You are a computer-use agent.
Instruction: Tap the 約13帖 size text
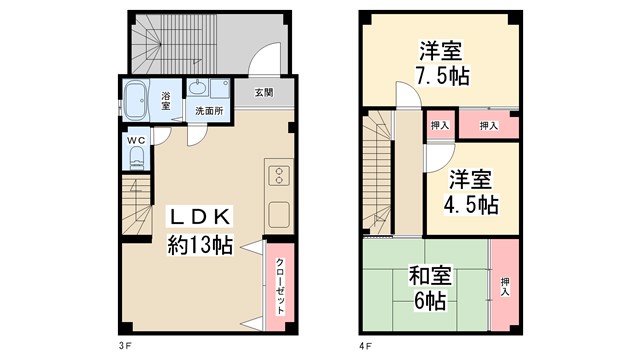click(x=199, y=245)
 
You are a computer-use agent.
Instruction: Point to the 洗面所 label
click(x=208, y=110)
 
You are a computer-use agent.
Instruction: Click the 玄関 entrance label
click(x=263, y=93)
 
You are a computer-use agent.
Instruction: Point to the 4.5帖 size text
click(x=471, y=206)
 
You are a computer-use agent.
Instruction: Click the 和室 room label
click(x=427, y=274)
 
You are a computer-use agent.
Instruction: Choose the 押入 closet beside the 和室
click(x=504, y=287)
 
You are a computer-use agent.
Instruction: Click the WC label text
click(x=136, y=140)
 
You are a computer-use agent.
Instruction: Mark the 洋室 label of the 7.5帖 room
click(x=439, y=49)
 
